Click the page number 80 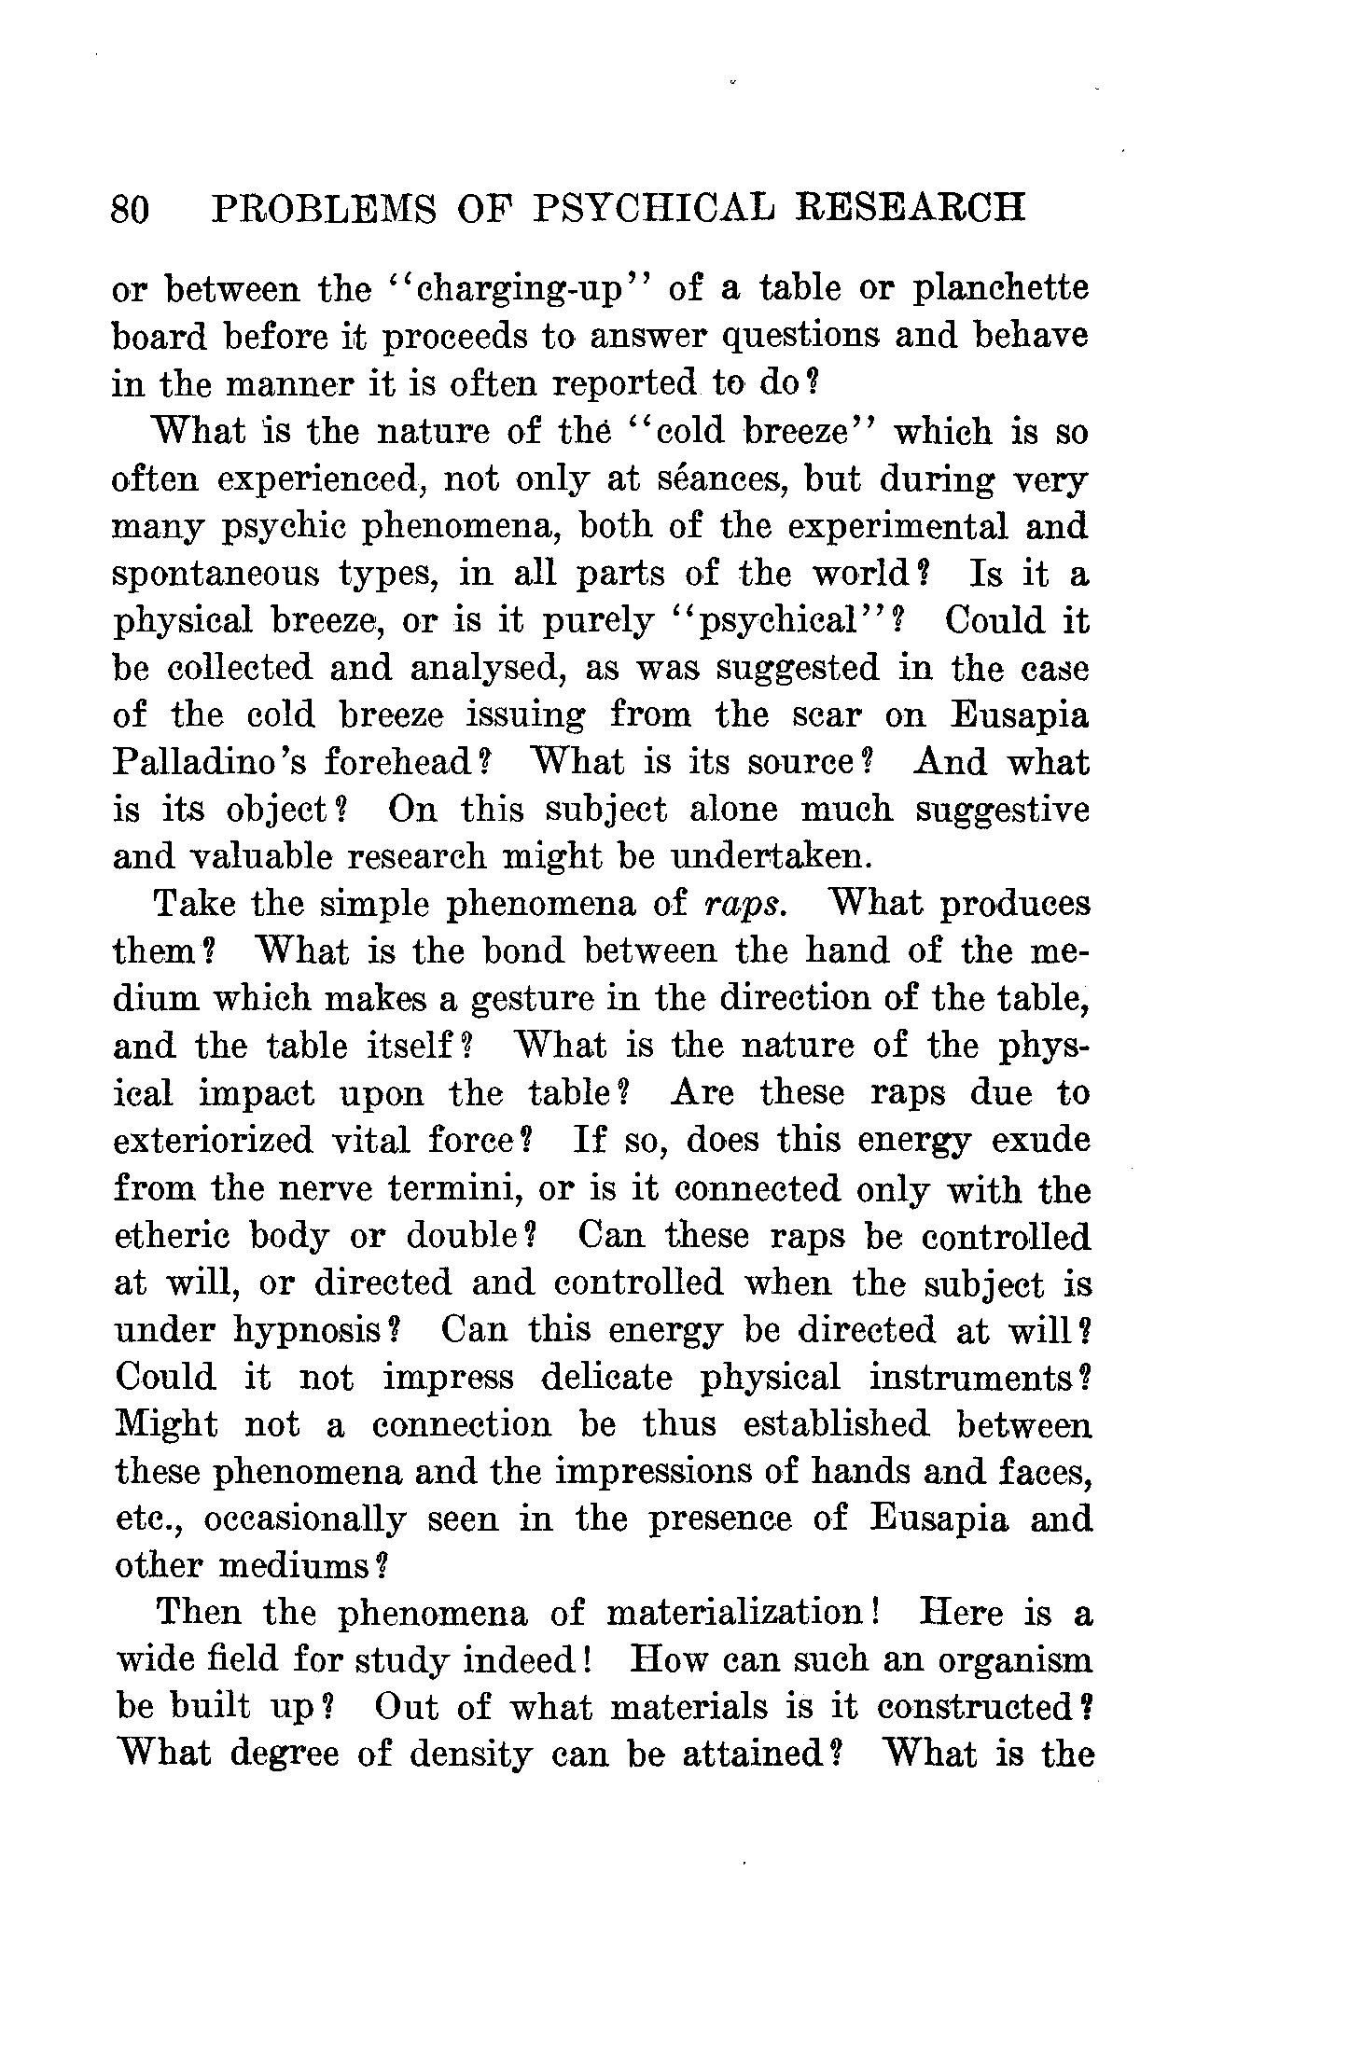130,209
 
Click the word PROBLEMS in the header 325,208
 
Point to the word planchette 1001,290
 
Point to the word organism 1014,1660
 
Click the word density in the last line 471,1755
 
